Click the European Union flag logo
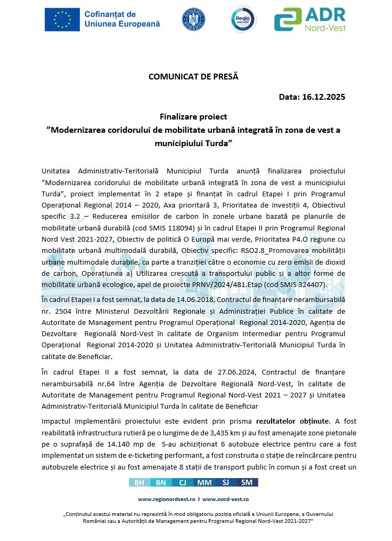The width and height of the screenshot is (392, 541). pos(62,20)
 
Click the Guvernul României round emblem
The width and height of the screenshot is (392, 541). pos(194,20)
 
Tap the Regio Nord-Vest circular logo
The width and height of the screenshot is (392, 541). pos(243,20)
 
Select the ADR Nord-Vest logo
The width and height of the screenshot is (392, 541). pos(309,20)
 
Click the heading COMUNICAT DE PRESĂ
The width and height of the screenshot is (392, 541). pos(193,76)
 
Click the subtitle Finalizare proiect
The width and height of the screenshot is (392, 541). pos(193,116)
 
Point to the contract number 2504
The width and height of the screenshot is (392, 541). pos(63,311)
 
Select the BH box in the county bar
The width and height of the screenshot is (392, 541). pos(139,482)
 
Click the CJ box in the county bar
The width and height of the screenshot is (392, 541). pos(182,482)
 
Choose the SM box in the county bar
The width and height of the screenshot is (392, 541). pos(247,482)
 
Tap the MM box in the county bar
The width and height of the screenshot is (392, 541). pos(204,482)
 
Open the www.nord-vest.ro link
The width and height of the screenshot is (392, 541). pos(225,499)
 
